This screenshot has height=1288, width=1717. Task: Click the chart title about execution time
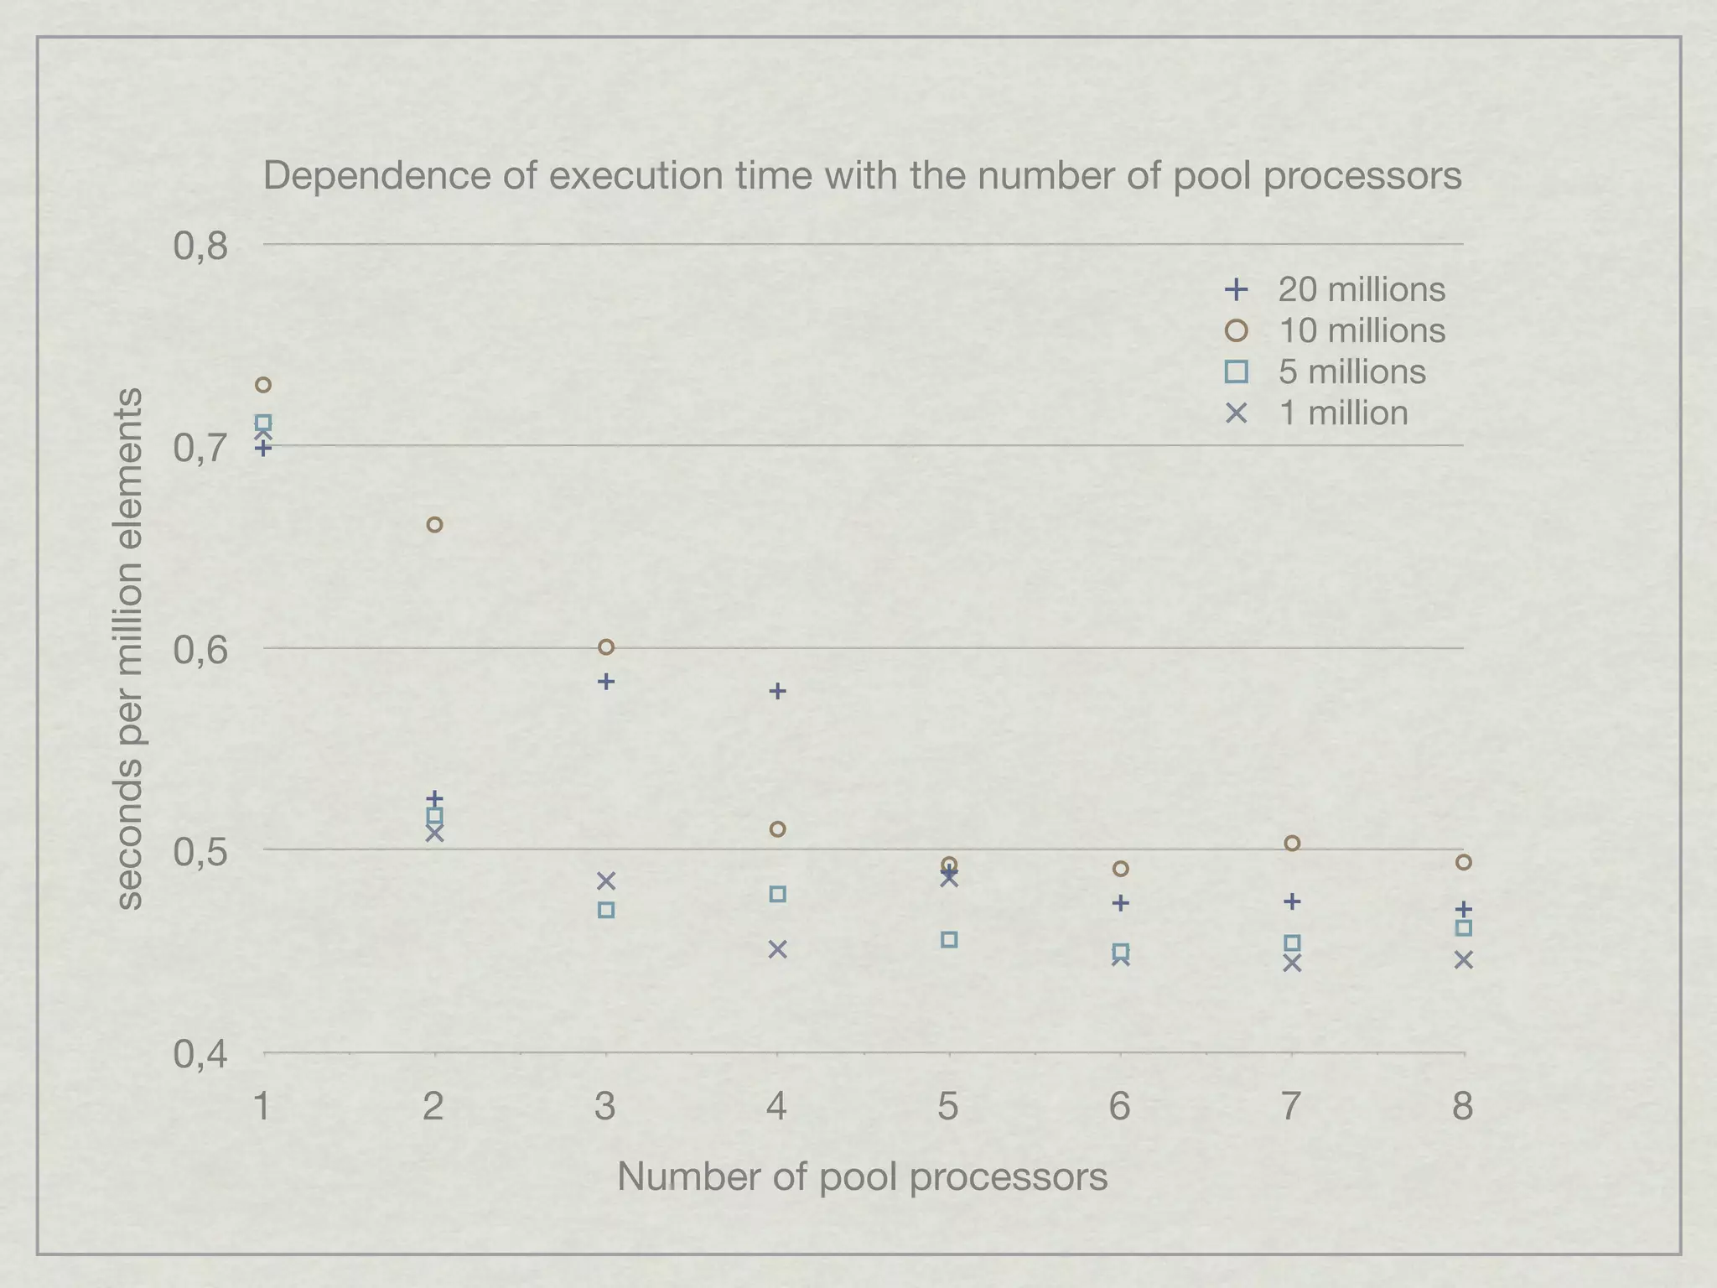(x=862, y=176)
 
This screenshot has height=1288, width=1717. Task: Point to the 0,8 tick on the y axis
(x=200, y=247)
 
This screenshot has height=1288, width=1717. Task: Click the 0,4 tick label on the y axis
(x=200, y=1055)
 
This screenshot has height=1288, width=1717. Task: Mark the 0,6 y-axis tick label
(x=200, y=650)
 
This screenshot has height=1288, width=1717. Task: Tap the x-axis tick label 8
(x=1462, y=1107)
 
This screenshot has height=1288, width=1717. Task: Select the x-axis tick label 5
(x=947, y=1107)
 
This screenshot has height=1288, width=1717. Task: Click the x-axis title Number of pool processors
(x=862, y=1177)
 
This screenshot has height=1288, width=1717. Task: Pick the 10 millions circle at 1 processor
(x=263, y=385)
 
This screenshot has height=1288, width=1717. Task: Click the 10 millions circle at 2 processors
(x=434, y=525)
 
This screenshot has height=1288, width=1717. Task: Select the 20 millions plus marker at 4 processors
(x=777, y=691)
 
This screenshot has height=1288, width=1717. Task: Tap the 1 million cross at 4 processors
(x=777, y=949)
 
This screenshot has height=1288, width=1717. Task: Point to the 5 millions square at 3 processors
(x=606, y=910)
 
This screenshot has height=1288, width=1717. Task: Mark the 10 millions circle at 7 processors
(x=1292, y=844)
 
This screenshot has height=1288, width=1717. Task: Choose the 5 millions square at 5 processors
(x=949, y=940)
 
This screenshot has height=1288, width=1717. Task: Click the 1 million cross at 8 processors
(x=1463, y=960)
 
